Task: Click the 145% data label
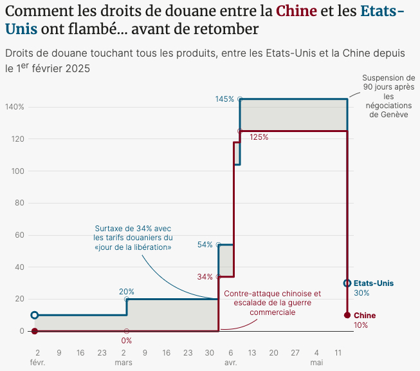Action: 224,99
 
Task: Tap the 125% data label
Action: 259,137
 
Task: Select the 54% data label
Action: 205,245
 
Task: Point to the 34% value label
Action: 205,277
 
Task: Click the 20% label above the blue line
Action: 126,291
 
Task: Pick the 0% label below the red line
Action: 126,341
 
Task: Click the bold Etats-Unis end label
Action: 374,283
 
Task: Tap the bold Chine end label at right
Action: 365,316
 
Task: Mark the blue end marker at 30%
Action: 347,283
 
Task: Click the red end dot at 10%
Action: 347,315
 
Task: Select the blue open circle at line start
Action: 35,315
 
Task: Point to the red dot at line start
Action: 35,331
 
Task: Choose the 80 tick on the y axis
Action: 19,203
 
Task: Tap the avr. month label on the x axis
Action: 230,363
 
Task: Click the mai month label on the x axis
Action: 316,363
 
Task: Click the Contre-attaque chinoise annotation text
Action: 272,303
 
